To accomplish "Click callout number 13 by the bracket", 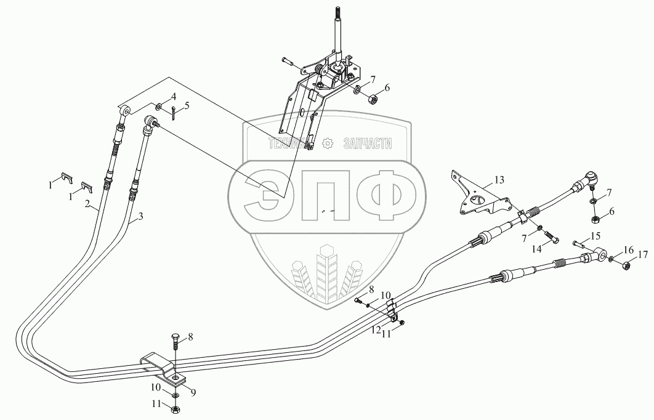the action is pos(499,180).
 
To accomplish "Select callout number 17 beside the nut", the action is pos(643,254).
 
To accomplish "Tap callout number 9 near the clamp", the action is pos(193,392).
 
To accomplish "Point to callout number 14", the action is pos(536,249).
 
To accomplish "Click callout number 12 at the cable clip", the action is pos(376,329).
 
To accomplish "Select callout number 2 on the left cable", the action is pos(87,204).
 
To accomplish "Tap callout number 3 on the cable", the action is pos(140,216).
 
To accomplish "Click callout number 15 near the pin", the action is pos(595,236).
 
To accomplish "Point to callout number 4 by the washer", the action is pos(174,97).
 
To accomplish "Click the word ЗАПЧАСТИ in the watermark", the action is pos(368,144).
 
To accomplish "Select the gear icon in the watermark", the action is pos(328,143).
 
